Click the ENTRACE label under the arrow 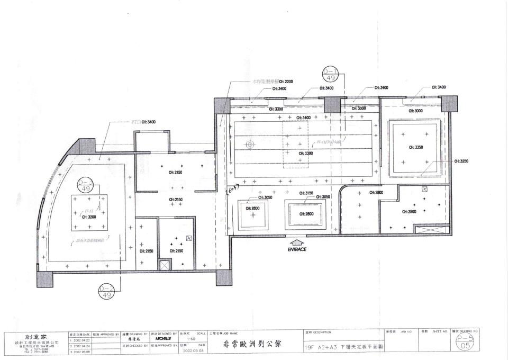click(x=297, y=249)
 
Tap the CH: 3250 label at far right click(x=461, y=160)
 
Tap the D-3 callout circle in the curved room click(x=85, y=185)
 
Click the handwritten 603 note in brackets click(x=233, y=188)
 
